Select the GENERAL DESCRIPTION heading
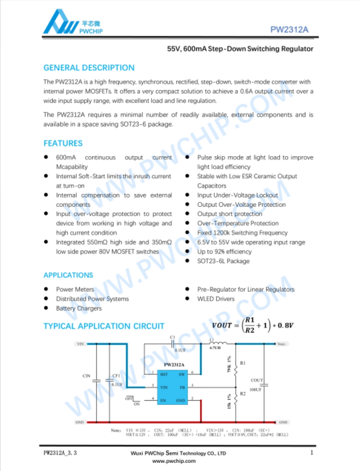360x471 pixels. pos(89,68)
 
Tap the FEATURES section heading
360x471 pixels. pos(63,143)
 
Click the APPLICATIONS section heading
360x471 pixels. pos(68,275)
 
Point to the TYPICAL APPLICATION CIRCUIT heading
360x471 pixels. pos(103,326)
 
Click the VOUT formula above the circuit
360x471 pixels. pos(253,325)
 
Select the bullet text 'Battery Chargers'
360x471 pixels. pos(79,309)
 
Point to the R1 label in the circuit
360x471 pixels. pos(243,362)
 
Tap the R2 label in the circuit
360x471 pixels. pos(243,394)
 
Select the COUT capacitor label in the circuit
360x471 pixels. pos(256,380)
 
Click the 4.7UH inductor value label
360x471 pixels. pos(215,348)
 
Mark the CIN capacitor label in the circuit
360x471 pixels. pos(86,376)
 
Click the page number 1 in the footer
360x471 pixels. pos(311,453)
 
